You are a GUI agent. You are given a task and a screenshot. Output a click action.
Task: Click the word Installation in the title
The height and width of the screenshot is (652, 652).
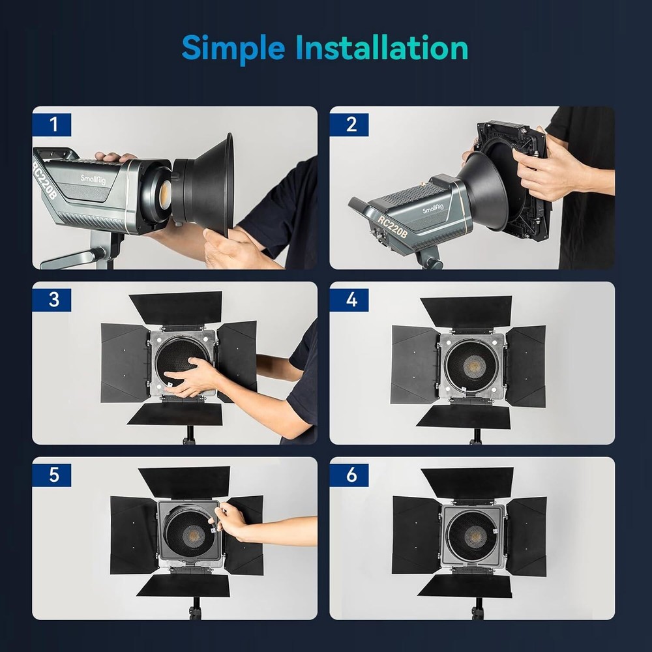381,48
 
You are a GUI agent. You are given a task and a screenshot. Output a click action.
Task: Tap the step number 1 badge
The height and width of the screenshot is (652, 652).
52,125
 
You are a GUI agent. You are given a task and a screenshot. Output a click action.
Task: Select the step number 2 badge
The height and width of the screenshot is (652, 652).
349,125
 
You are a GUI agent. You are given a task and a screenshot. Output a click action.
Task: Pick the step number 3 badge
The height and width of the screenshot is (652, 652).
52,300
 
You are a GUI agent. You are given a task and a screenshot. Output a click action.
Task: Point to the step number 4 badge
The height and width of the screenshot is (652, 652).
349,300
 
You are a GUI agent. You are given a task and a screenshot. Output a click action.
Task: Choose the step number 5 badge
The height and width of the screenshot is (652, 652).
52,475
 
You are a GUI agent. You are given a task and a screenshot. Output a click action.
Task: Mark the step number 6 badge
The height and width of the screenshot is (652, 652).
349,475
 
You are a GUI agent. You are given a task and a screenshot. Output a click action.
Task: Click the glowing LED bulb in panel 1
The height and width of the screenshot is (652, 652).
166,192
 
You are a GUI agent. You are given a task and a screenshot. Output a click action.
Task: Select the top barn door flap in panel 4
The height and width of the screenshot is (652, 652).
466,311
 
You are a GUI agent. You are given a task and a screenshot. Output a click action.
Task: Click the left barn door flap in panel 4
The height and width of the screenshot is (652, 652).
415,364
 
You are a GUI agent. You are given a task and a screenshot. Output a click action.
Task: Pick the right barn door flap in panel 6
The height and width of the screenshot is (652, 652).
526,537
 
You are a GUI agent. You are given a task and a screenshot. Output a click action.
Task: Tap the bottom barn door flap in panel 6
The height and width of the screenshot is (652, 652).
465,586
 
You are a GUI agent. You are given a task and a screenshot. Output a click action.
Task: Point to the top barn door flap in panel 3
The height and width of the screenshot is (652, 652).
176,308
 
